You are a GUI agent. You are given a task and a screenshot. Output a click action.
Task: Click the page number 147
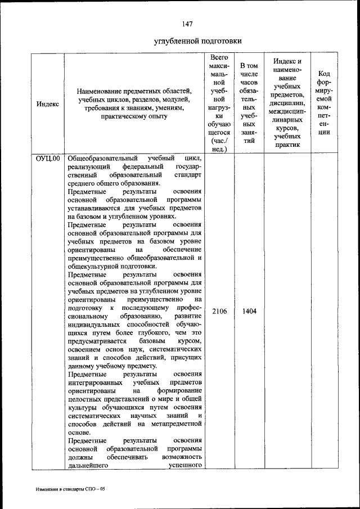click(x=187, y=24)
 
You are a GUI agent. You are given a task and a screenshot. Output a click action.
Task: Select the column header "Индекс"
click(x=48, y=104)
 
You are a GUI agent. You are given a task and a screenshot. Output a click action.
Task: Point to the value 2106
click(x=219, y=311)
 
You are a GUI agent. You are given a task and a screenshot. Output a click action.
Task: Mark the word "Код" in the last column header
click(x=324, y=74)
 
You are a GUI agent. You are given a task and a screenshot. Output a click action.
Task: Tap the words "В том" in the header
click(x=249, y=66)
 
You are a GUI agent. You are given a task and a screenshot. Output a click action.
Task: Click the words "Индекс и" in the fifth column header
click(x=287, y=61)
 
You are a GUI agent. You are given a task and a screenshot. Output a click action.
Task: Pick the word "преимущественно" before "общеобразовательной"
click(x=99, y=258)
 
